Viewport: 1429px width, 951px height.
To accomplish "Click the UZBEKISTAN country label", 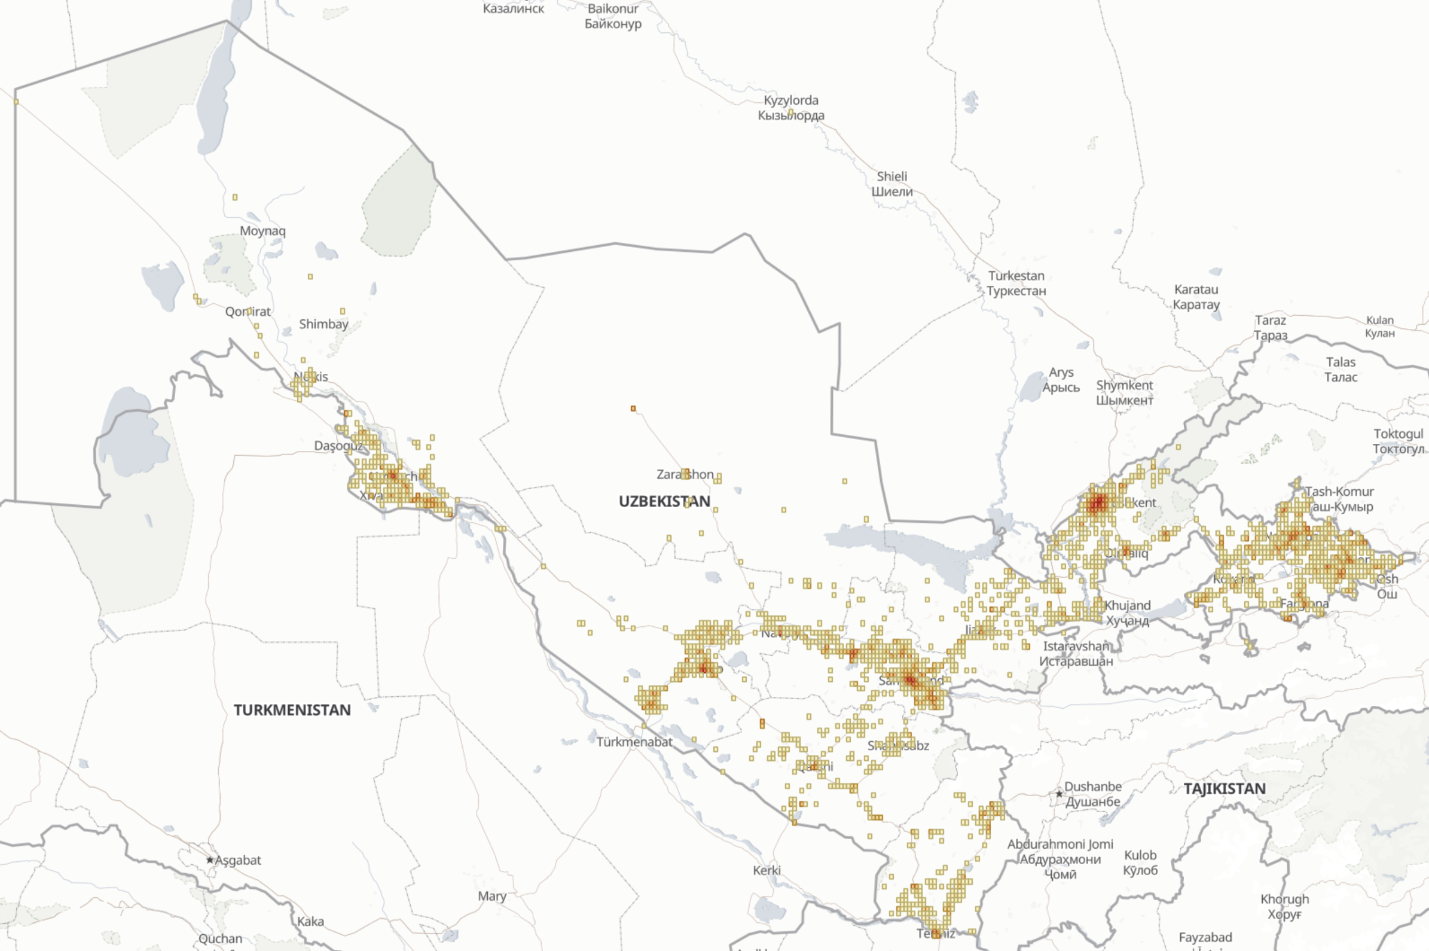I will click(x=664, y=501).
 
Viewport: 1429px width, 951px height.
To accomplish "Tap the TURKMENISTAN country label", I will click(x=292, y=709).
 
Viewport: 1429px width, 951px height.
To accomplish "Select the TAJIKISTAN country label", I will click(x=1224, y=788).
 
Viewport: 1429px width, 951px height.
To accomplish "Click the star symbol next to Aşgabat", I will click(x=210, y=859).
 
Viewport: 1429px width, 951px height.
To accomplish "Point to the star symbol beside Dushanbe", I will click(x=1058, y=793).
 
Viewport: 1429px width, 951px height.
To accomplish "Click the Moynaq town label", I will click(x=262, y=230).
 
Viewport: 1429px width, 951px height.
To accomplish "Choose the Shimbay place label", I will click(x=323, y=324).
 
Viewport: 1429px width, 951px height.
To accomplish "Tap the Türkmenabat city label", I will click(x=634, y=742).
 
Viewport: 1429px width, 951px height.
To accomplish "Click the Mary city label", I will click(x=491, y=896).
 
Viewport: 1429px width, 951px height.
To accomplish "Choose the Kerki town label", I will click(x=767, y=870).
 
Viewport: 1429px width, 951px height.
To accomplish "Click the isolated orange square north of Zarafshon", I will click(x=633, y=409).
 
